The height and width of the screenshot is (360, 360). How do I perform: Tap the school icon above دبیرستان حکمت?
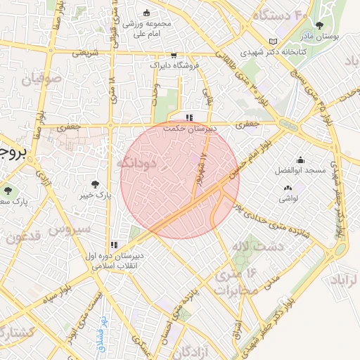coord(188,117)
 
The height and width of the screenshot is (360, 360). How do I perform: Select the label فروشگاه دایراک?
coord(174,65)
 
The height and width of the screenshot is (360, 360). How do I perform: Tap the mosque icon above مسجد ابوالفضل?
coord(301,160)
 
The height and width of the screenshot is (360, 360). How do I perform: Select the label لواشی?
coord(288,199)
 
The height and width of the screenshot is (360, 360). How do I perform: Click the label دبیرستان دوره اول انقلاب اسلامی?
coord(115,262)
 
